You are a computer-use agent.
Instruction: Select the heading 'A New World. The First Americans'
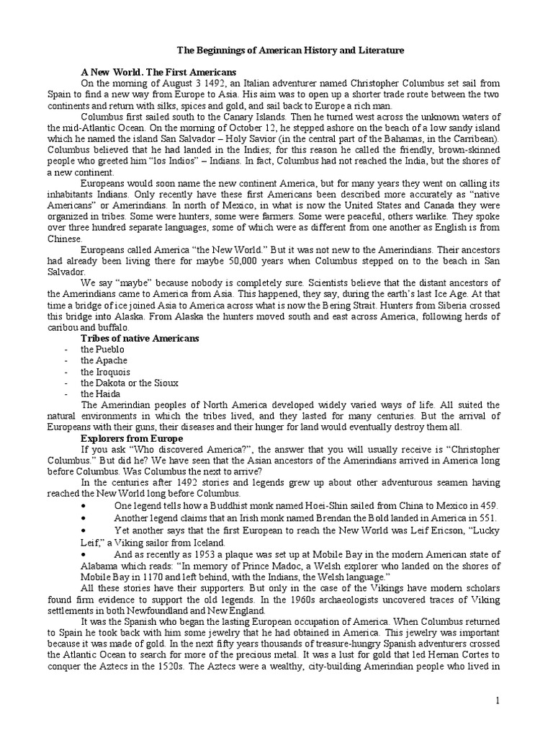point(158,73)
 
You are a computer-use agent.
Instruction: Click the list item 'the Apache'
point(104,360)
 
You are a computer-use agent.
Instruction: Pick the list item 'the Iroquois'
point(105,372)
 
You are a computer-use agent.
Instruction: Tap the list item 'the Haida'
point(100,394)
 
